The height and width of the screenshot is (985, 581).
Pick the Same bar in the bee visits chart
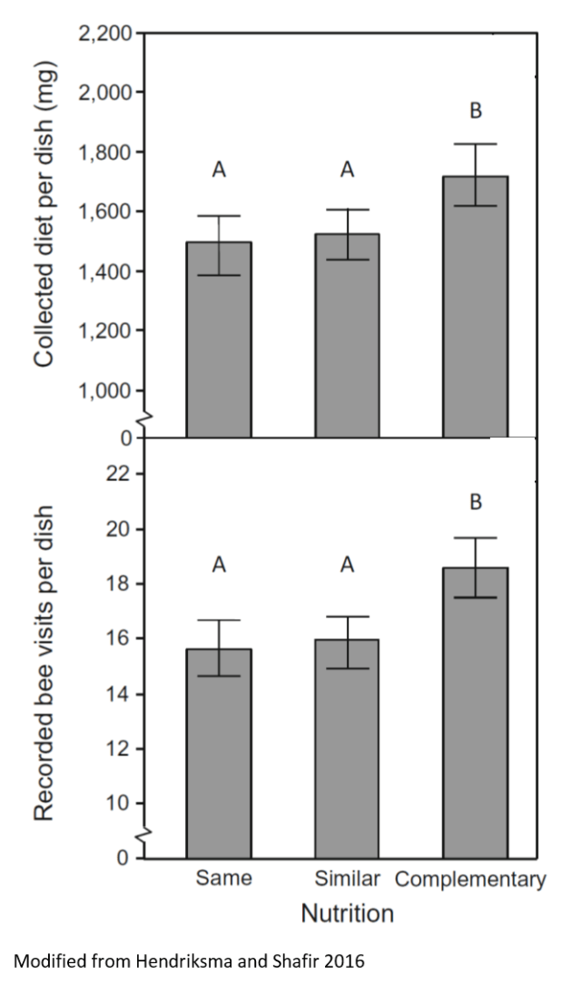(219, 754)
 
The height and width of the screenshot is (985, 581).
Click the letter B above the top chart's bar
(475, 112)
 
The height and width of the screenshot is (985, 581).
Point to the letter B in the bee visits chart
(475, 502)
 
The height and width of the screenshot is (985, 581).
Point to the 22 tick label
(120, 474)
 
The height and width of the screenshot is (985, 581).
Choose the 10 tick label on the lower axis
(120, 804)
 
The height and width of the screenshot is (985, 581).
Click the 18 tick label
(120, 584)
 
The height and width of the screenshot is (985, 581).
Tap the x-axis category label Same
(222, 879)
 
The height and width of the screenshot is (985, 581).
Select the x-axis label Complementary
(471, 879)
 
